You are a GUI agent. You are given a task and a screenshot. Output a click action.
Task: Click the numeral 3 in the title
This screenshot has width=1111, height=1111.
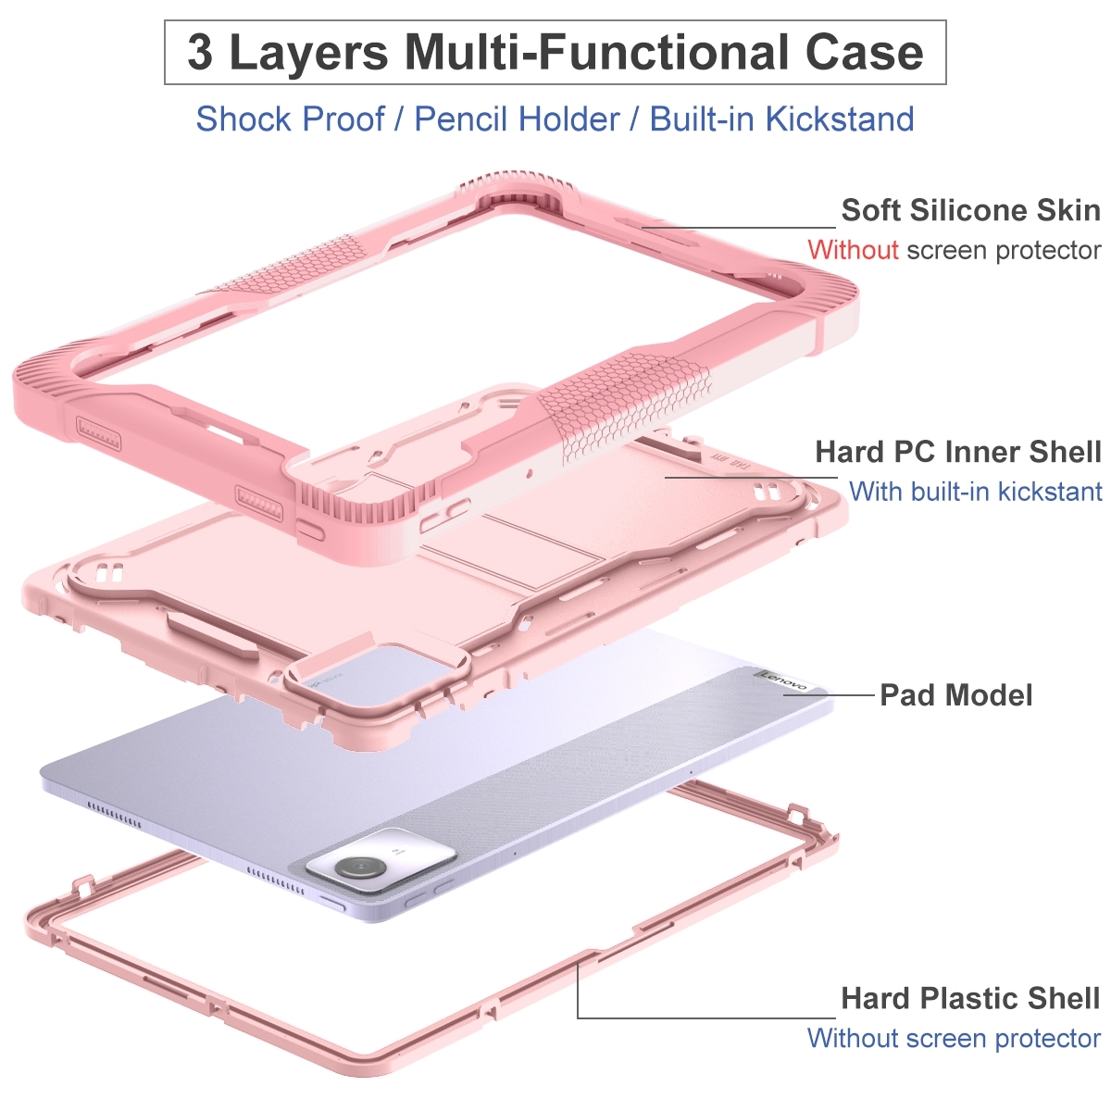pyautogui.click(x=200, y=53)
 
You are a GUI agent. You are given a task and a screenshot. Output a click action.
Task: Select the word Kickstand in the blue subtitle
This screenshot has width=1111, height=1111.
pyautogui.click(x=840, y=119)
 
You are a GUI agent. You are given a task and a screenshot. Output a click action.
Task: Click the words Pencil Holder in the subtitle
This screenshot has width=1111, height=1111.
pyautogui.click(x=518, y=119)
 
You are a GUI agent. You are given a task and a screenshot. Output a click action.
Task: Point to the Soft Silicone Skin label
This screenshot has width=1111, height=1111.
pyautogui.click(x=971, y=210)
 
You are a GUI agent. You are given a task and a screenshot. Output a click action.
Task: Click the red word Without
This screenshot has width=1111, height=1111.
pyautogui.click(x=853, y=250)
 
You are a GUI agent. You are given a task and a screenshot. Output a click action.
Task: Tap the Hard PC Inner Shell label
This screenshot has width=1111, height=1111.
pyautogui.click(x=958, y=452)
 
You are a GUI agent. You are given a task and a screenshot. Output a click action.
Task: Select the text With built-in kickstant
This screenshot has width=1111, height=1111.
pyautogui.click(x=976, y=492)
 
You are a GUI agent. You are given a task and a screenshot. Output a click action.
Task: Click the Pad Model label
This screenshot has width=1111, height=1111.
pyautogui.click(x=955, y=694)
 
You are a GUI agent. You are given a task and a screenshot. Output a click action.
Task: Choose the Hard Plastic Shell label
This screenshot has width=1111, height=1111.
pyautogui.click(x=971, y=998)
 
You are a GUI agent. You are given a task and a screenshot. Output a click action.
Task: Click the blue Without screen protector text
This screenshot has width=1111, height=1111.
pyautogui.click(x=954, y=1039)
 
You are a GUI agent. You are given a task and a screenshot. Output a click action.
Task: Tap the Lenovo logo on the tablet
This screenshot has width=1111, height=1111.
pyautogui.click(x=784, y=680)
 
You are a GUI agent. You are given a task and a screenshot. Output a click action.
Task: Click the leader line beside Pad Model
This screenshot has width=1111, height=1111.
pyautogui.click(x=830, y=694)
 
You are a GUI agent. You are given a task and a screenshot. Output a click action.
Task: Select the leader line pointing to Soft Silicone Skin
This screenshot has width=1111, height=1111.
pyautogui.click(x=739, y=227)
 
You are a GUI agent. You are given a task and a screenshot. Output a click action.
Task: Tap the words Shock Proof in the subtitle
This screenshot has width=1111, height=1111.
pyautogui.click(x=290, y=119)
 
